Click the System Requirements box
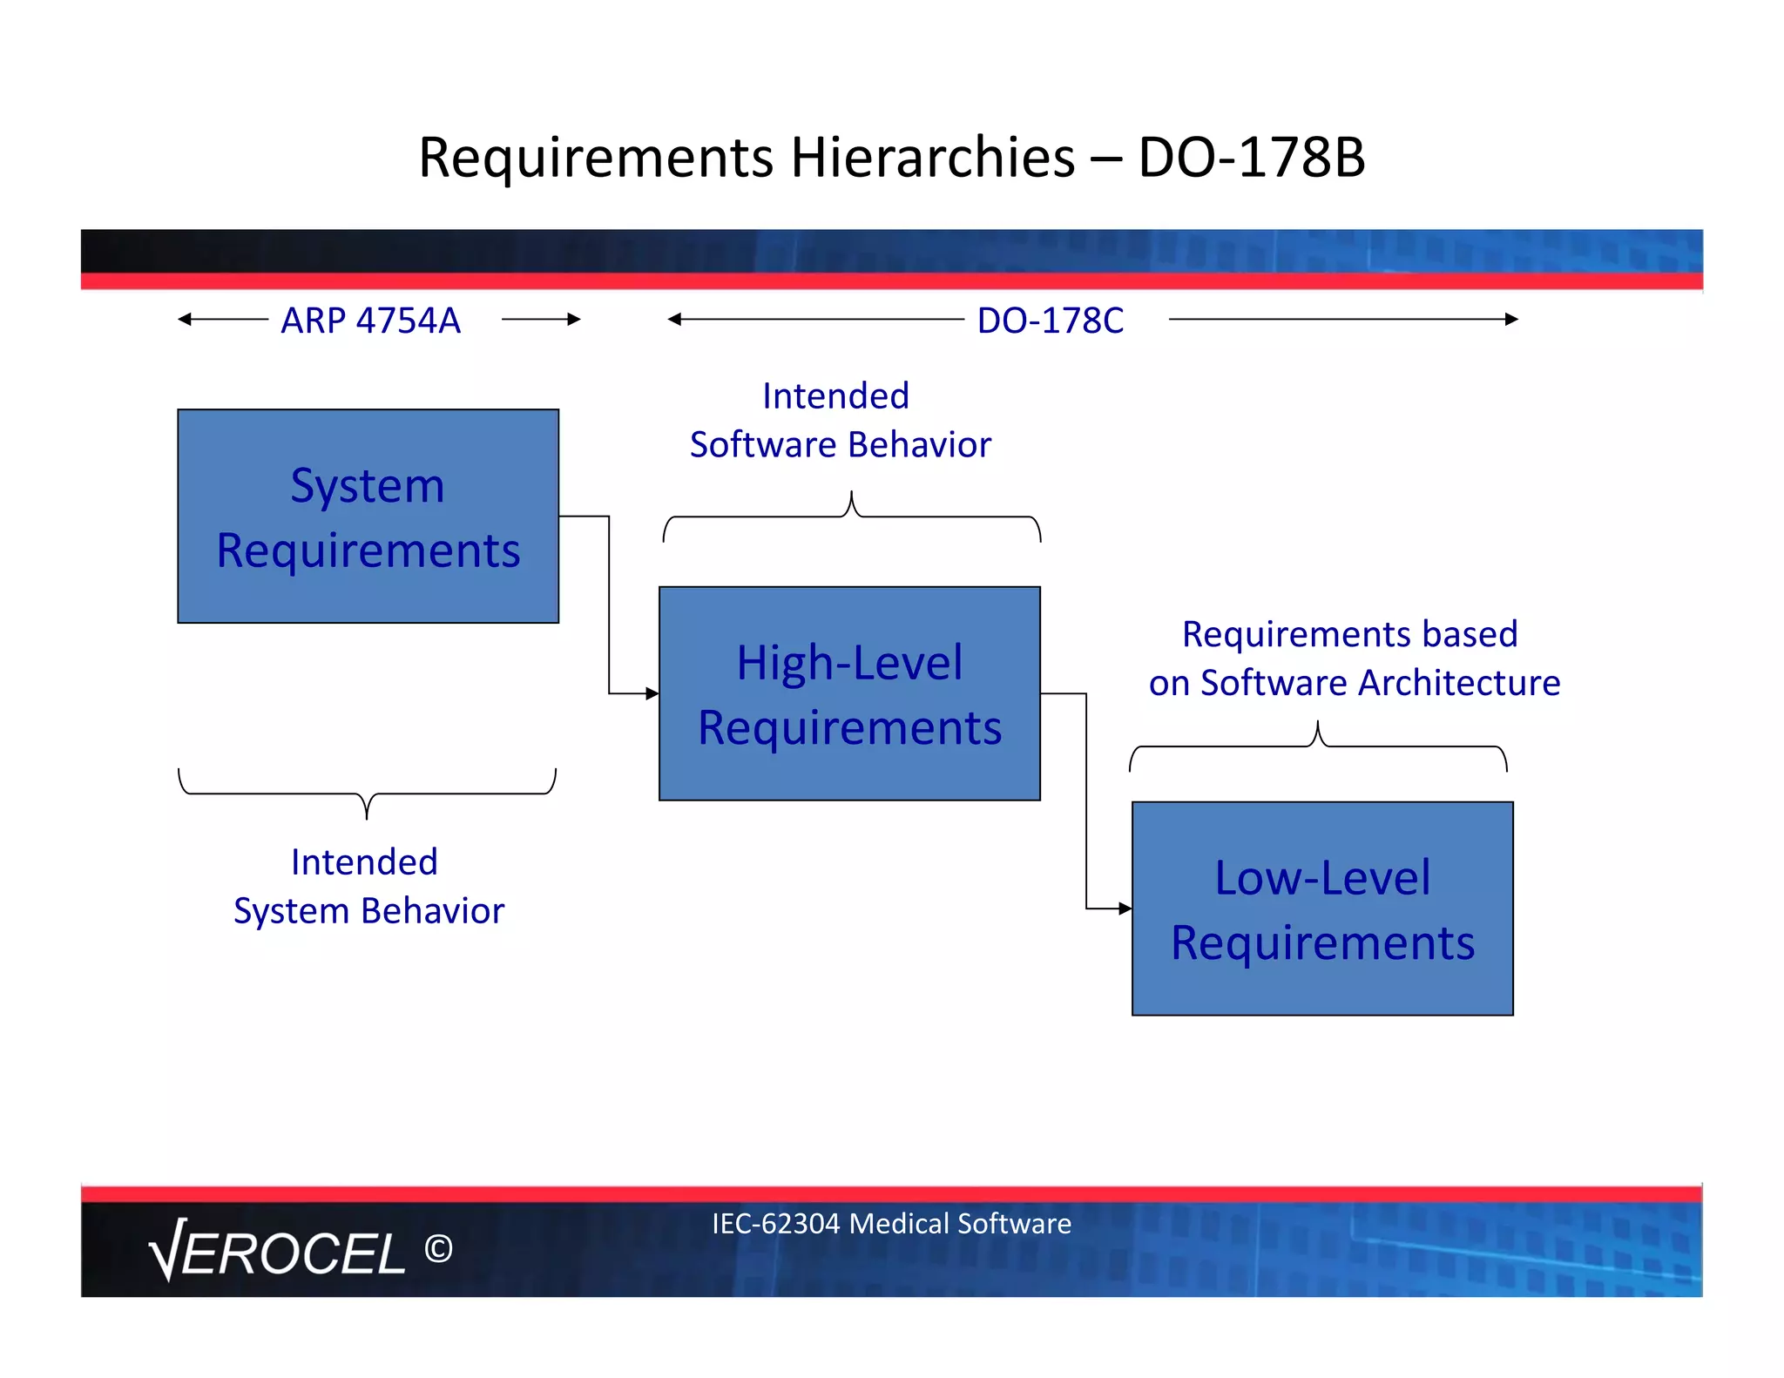pos(368,517)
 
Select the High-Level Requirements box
pos(849,693)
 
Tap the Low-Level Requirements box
pos(1322,909)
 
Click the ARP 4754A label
pos(370,321)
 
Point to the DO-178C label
pos(1050,321)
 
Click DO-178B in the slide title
pos(1251,158)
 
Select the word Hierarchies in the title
pos(932,158)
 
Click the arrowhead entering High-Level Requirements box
pos(652,693)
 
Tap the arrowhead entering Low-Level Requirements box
pos(1125,909)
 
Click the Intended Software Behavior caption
pos(840,421)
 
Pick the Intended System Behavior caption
pos(368,887)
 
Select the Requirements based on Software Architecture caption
pos(1353,659)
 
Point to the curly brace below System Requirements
pos(367,794)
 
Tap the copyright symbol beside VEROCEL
pos(438,1249)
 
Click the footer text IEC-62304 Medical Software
pos(891,1224)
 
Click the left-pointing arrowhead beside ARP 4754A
pos(184,320)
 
